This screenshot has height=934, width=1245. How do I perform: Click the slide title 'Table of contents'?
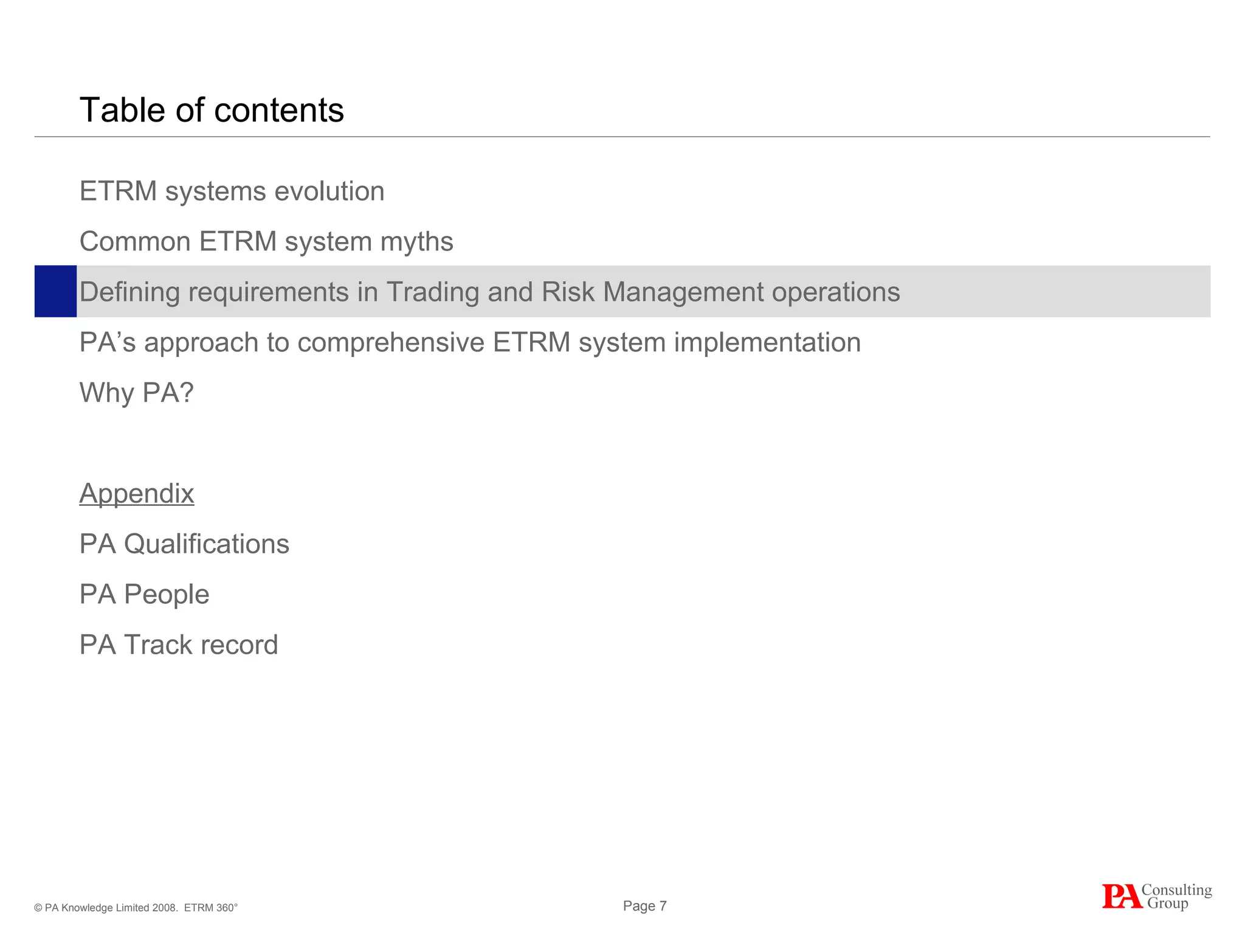click(x=212, y=110)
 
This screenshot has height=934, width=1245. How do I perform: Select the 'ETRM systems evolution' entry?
click(x=232, y=192)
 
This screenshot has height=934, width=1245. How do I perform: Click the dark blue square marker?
click(x=55, y=291)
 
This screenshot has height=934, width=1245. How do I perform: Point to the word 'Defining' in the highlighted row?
click(x=129, y=292)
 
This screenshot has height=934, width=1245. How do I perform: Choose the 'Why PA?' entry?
click(x=137, y=393)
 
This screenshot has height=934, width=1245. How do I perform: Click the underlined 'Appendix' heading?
click(x=137, y=494)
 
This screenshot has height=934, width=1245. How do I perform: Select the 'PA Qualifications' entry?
click(x=184, y=544)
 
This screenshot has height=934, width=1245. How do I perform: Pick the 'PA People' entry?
click(x=144, y=595)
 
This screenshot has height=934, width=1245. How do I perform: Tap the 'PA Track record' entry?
click(x=179, y=645)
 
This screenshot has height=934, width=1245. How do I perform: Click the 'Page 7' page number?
click(x=644, y=906)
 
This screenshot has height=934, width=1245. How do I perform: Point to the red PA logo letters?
click(x=1121, y=897)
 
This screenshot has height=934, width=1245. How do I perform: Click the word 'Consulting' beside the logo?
click(x=1176, y=890)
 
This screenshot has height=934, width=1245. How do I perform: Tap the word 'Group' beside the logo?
click(x=1167, y=904)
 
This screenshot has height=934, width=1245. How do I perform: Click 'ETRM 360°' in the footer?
click(x=210, y=908)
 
